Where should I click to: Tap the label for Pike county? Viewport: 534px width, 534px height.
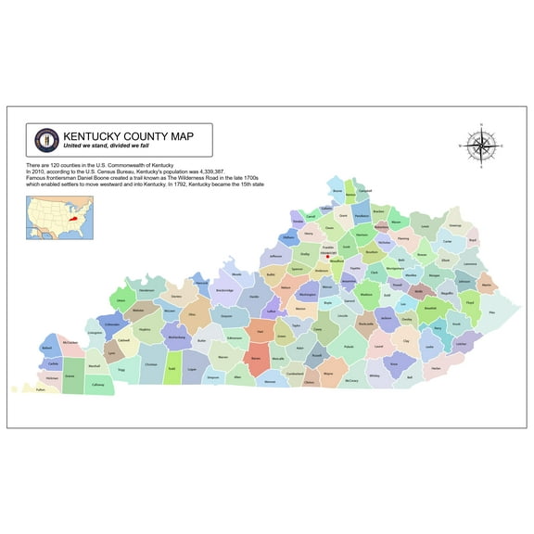492,313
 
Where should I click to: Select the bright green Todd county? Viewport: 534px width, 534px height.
172,370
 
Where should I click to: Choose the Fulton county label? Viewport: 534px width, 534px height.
40,389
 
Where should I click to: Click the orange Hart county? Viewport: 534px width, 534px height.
261,330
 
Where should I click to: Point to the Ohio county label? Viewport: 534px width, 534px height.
192,314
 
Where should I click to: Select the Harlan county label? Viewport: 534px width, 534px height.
436,368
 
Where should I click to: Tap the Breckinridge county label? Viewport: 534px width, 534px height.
223,291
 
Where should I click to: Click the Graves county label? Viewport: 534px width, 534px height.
70,375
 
